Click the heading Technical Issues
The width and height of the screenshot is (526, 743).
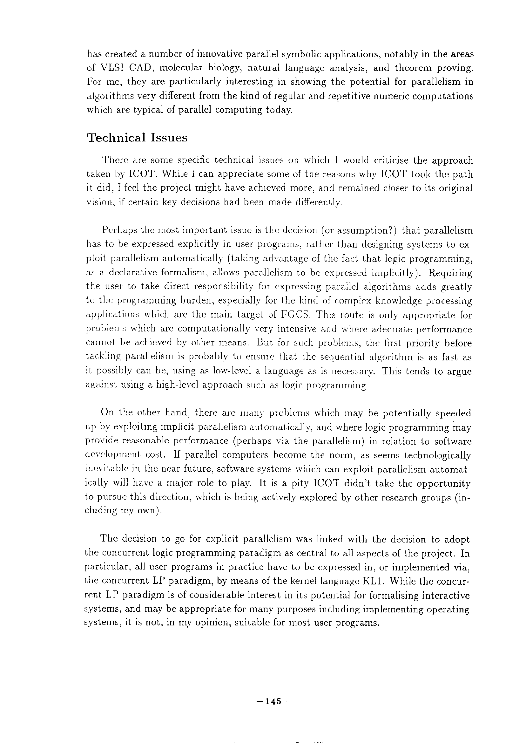click(137, 138)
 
